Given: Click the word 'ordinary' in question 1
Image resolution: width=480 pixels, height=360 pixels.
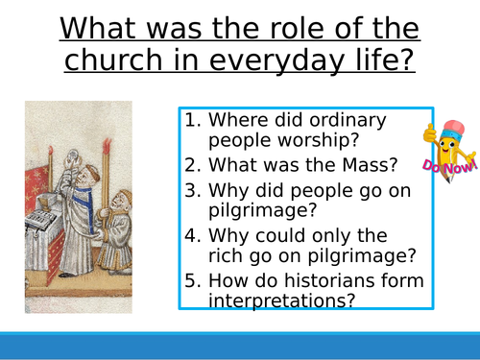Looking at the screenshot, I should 337,121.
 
